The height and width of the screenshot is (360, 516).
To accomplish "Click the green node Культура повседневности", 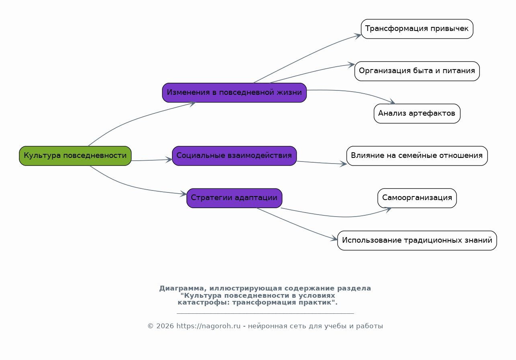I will (75, 156).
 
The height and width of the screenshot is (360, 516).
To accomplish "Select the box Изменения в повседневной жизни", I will (234, 93).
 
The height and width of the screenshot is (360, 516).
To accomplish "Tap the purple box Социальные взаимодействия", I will (234, 156).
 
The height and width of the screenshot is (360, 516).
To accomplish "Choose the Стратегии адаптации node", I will (234, 198).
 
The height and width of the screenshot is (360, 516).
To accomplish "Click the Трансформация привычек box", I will (417, 29).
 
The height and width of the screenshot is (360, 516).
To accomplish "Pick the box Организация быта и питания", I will (417, 71).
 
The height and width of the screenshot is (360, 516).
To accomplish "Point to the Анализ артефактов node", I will (417, 114).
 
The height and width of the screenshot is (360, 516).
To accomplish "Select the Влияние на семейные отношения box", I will (417, 156).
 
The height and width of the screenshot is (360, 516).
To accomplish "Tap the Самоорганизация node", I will (417, 198).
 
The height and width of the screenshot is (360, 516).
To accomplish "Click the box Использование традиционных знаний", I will (417, 241).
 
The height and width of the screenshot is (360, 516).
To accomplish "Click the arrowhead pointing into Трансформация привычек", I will (358, 36).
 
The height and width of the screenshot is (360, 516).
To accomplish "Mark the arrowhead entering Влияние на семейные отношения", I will (344, 164).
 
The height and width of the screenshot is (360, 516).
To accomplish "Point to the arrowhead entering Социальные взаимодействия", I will (169, 160).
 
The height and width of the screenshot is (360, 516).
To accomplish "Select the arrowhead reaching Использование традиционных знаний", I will (334, 239).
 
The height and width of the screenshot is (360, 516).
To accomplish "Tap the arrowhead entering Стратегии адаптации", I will (184, 194).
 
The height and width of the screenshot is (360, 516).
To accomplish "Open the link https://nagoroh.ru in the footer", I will (208, 326).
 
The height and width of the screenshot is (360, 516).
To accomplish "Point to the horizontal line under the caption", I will (265, 313).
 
